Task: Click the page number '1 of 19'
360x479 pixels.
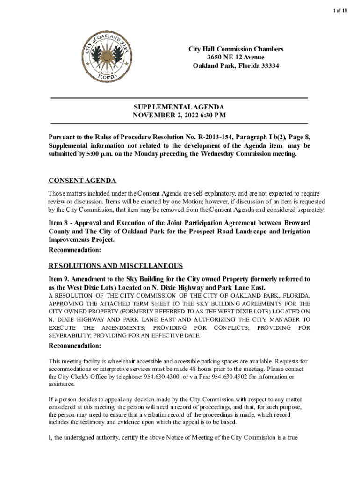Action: tap(346, 11)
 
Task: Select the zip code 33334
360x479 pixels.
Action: tap(268, 66)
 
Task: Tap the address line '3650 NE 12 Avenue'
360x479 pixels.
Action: tap(236, 58)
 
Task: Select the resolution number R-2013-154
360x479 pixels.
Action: tap(218, 137)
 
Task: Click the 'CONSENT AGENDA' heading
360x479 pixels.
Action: tap(82, 181)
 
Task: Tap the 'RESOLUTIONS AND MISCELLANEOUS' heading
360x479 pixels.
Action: tap(115, 266)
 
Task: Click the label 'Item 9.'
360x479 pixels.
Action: tap(60, 279)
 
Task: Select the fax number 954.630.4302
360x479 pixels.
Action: tap(222, 377)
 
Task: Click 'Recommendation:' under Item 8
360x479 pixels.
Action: tap(75, 251)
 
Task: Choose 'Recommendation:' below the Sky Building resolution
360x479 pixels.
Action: tap(75, 346)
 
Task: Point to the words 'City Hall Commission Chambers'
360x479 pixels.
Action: tap(236, 49)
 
